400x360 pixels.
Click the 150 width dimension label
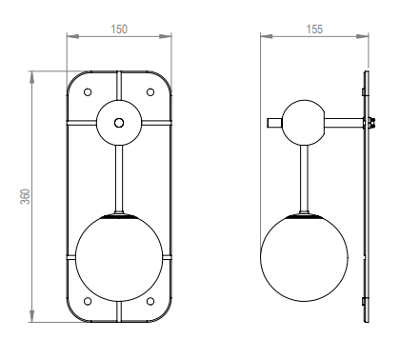click(119, 30)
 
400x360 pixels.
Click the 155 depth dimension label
click(314, 30)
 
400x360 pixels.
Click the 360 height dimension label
click(26, 196)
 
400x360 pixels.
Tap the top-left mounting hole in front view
click(88, 92)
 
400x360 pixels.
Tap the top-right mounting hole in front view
click(150, 92)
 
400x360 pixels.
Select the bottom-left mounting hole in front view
click(88, 301)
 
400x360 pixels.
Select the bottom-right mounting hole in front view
click(150, 301)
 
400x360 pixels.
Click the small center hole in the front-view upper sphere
click(119, 123)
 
